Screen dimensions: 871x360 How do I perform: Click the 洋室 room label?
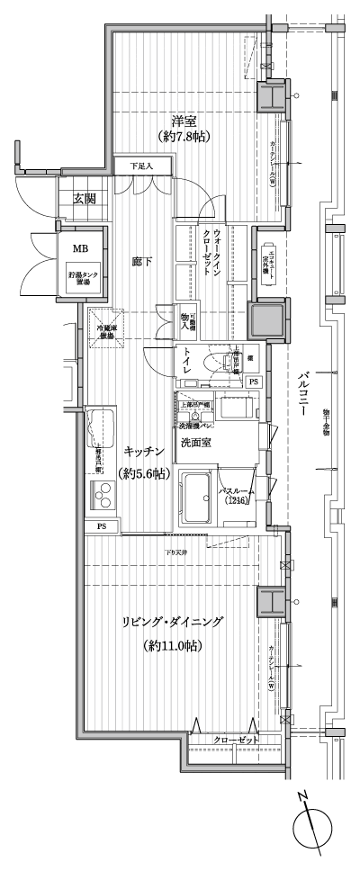[x=184, y=120]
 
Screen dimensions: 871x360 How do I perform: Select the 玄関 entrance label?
[x=85, y=199]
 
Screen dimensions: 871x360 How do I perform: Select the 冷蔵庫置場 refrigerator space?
[x=107, y=329]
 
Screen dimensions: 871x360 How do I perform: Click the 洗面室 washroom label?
[x=195, y=444]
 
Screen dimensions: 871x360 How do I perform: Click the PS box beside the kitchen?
[x=96, y=526]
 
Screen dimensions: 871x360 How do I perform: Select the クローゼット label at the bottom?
[x=236, y=740]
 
